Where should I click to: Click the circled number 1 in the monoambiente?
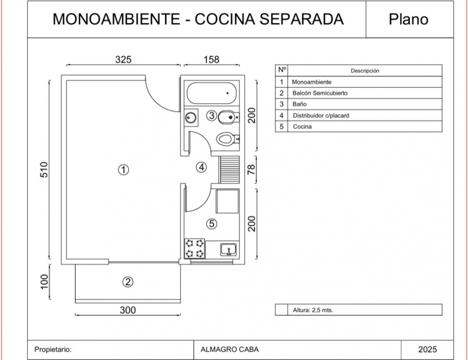pyautogui.click(x=124, y=170)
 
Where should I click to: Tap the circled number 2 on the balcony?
pyautogui.click(x=128, y=282)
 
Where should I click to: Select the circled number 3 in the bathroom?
pyautogui.click(x=212, y=116)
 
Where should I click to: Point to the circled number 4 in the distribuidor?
pyautogui.click(x=202, y=167)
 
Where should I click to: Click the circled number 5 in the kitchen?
pyautogui.click(x=212, y=224)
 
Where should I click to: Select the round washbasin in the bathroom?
pyautogui.click(x=190, y=118)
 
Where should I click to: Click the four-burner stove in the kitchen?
pyautogui.click(x=195, y=248)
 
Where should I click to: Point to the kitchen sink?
pyautogui.click(x=228, y=249)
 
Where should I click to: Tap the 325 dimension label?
pyautogui.click(x=123, y=59)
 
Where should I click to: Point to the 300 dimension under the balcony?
pyautogui.click(x=128, y=310)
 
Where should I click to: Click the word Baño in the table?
pyautogui.click(x=299, y=104)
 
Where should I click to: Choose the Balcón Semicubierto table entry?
pyautogui.click(x=320, y=93)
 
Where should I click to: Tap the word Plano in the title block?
pyautogui.click(x=409, y=19)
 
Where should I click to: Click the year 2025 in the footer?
pyautogui.click(x=427, y=349)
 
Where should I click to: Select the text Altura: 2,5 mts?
pyautogui.click(x=313, y=310)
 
